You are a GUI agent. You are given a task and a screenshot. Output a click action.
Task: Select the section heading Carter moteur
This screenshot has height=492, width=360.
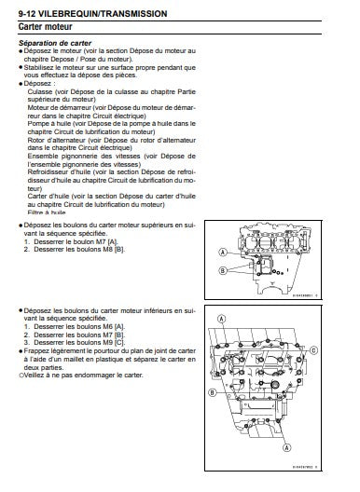[x=42, y=30]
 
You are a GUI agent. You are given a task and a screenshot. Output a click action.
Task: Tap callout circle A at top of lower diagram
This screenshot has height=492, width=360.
[x=222, y=319]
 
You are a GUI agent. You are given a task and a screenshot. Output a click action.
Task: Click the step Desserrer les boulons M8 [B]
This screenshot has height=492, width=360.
[x=72, y=247]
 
